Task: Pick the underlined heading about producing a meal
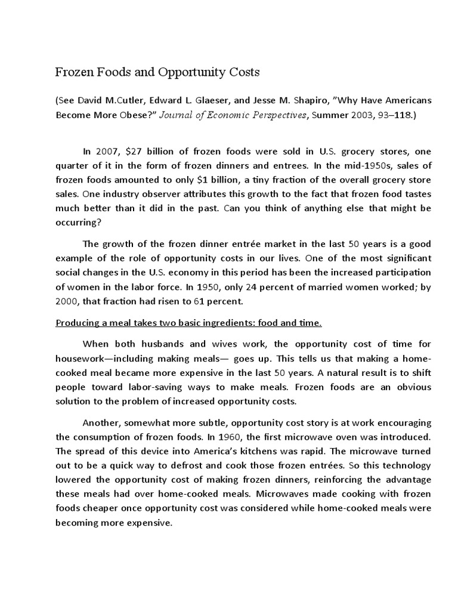click(x=188, y=323)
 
